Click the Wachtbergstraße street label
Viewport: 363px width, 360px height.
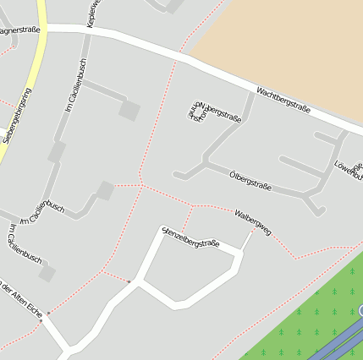point(283,101)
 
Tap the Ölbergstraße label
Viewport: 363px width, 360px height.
point(250,180)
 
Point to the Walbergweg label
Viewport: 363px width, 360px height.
point(253,222)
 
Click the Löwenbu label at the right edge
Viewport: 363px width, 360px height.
point(349,169)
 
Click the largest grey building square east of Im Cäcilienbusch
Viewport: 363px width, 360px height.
point(129,109)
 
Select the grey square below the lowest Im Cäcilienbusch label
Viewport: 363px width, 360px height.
point(47,273)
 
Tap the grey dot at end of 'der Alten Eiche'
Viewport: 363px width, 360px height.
point(48,313)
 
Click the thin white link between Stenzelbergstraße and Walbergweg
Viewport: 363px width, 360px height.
point(246,240)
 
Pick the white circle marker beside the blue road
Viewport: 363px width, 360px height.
point(360,311)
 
